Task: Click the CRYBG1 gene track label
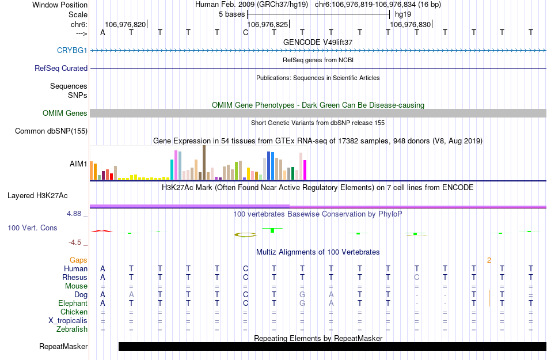72,50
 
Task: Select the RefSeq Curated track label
61,68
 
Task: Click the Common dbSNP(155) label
51,131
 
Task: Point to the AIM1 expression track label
78,164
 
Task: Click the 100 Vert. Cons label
32,228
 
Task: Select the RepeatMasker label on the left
63,347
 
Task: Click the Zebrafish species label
72,329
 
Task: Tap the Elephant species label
73,303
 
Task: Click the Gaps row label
79,260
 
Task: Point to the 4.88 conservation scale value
77,214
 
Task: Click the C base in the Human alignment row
245,268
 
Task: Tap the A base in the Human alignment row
102,268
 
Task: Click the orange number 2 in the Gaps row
489,260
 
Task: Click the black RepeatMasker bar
332,346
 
